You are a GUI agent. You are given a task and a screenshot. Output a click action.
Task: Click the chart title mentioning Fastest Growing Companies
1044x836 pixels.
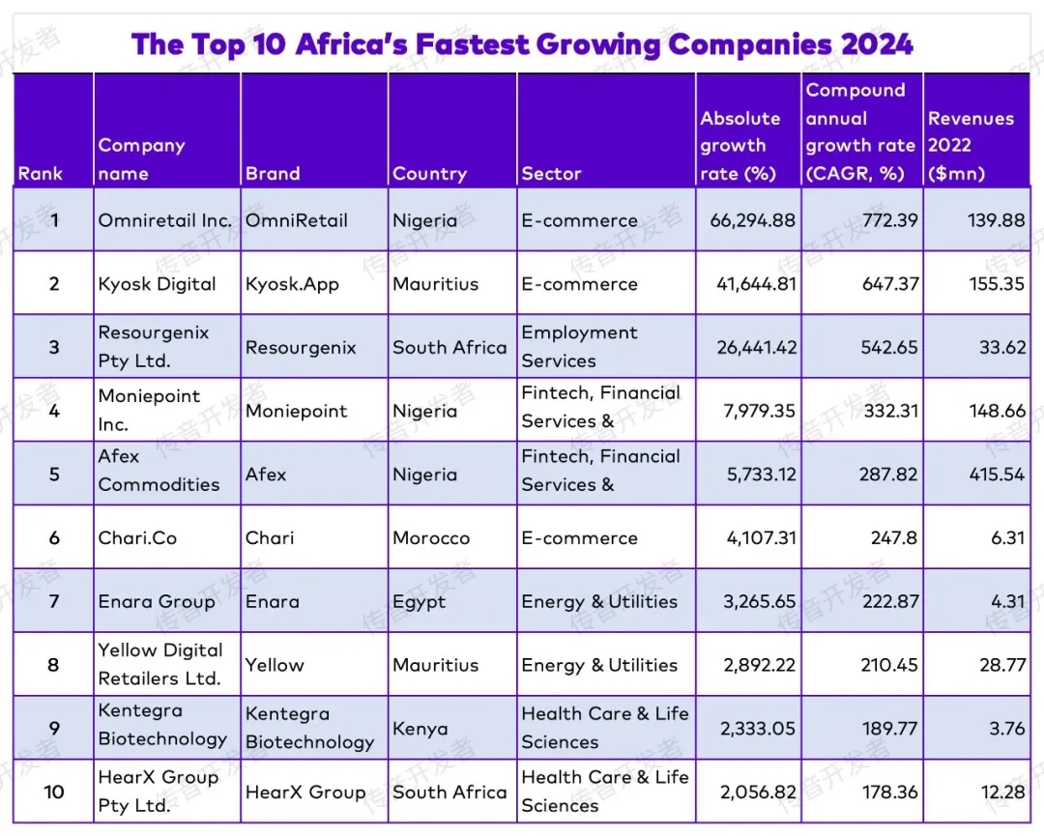click(x=522, y=44)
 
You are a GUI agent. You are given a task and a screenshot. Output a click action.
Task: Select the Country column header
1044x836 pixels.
click(x=429, y=174)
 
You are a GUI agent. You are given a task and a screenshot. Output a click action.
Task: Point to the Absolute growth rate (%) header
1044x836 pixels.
click(x=740, y=146)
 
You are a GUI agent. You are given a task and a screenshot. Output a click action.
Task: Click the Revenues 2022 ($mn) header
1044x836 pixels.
click(x=971, y=146)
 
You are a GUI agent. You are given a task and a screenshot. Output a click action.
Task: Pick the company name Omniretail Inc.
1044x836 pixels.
click(x=165, y=220)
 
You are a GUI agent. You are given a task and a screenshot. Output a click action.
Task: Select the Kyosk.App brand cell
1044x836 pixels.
click(x=292, y=284)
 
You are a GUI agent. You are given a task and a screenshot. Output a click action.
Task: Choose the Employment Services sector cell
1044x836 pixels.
click(x=579, y=347)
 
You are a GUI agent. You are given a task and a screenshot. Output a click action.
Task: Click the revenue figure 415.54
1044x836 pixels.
click(x=997, y=475)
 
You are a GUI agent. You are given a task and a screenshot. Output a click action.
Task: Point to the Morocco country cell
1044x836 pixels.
click(x=431, y=538)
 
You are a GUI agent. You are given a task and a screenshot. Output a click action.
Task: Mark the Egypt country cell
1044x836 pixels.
click(x=420, y=601)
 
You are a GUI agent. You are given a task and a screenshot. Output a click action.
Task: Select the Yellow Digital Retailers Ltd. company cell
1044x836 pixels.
click(x=160, y=664)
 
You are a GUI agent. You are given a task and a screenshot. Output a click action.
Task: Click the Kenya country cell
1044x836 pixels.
click(x=420, y=729)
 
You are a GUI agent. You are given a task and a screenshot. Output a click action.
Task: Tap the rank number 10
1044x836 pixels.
click(x=54, y=793)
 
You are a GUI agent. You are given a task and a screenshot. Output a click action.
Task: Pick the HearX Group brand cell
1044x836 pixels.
click(x=305, y=793)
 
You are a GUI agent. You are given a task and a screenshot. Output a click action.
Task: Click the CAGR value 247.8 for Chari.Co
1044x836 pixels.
click(x=893, y=538)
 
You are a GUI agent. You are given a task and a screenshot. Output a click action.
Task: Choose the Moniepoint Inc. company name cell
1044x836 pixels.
click(x=149, y=411)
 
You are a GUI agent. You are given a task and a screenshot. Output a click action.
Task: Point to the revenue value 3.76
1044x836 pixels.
click(x=1006, y=729)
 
